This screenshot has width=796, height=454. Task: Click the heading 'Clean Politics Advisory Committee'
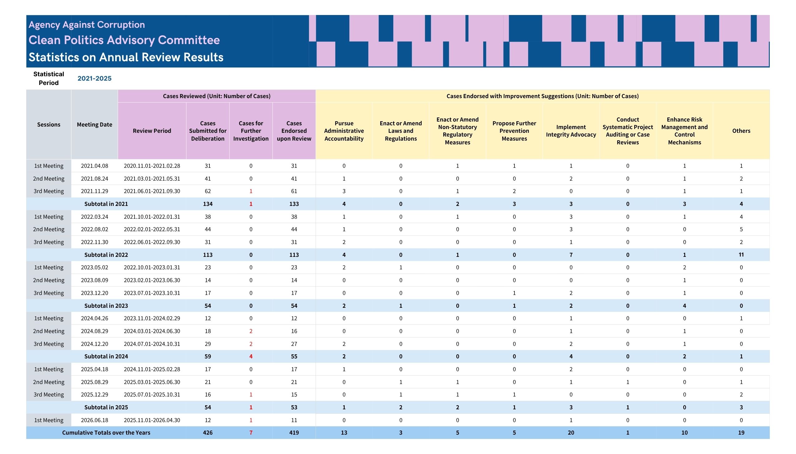click(x=124, y=40)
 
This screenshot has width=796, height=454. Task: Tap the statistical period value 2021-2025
click(x=95, y=78)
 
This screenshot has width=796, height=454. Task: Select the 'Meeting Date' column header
click(x=95, y=125)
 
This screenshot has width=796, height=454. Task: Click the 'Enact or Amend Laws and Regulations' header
click(x=401, y=131)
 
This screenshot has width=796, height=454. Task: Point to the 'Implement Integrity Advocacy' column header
click(x=571, y=131)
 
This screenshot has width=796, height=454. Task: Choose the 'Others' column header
click(x=741, y=131)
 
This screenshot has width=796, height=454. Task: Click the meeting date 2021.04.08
click(x=95, y=166)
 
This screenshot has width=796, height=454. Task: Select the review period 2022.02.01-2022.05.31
click(x=152, y=229)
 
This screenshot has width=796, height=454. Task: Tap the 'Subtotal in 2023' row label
click(x=106, y=306)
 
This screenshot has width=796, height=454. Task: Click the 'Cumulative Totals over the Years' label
click(x=106, y=433)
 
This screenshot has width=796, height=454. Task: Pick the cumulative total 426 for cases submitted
click(x=208, y=433)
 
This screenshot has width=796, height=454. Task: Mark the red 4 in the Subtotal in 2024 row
click(x=251, y=357)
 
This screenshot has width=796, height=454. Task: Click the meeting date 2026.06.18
click(x=95, y=420)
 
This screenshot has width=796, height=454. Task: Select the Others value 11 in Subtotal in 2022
click(x=741, y=255)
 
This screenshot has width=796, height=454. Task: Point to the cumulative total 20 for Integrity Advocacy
click(x=571, y=433)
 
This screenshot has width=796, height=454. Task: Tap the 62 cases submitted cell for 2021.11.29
click(x=208, y=191)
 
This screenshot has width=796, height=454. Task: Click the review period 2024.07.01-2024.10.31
click(x=152, y=344)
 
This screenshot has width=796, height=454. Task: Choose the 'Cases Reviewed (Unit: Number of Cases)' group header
click(x=217, y=96)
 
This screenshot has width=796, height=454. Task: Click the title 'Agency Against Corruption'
click(x=87, y=25)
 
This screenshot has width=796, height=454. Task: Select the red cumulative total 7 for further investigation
click(x=251, y=433)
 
